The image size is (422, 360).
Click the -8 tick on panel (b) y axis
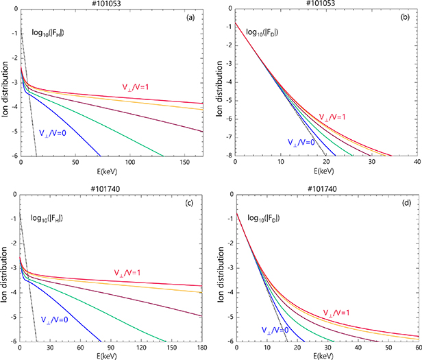228,156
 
